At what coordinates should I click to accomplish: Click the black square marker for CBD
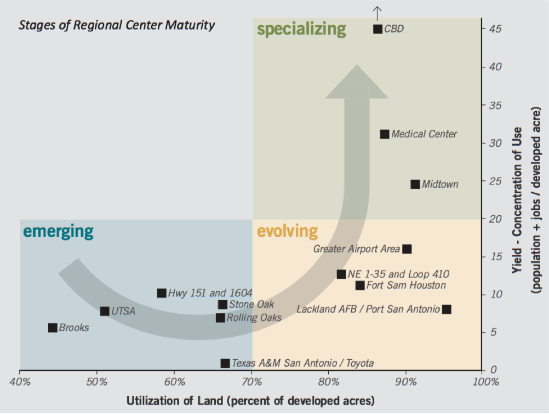378,29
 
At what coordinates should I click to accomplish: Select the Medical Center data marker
385,134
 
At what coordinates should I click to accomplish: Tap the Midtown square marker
415,185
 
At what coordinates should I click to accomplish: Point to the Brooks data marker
53,328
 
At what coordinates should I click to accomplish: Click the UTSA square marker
105,312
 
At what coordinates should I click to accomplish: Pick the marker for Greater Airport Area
407,249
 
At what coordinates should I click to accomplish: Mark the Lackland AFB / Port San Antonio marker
447,309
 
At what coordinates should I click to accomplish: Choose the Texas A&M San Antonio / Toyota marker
225,363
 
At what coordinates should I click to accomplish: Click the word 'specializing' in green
301,29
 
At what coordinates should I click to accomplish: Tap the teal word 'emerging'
58,231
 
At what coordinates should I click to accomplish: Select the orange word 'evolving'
287,231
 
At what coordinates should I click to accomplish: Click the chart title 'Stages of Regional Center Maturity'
117,25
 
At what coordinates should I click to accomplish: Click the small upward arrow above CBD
378,11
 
